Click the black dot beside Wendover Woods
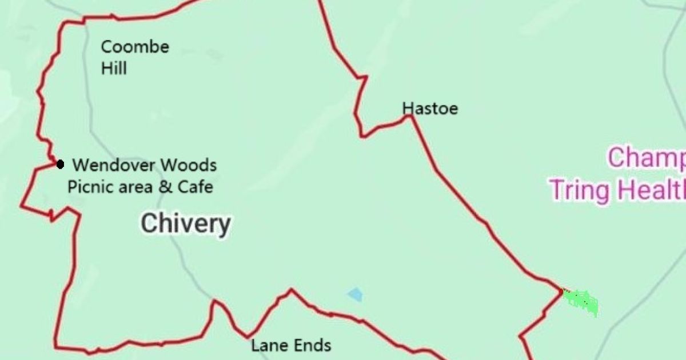60,165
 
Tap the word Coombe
135,47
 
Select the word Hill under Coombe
114,69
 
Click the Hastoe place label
430,109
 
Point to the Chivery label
186,223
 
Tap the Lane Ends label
291,345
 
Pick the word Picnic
86,187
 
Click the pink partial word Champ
646,158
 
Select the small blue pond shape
355,295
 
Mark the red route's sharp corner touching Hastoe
410,116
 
